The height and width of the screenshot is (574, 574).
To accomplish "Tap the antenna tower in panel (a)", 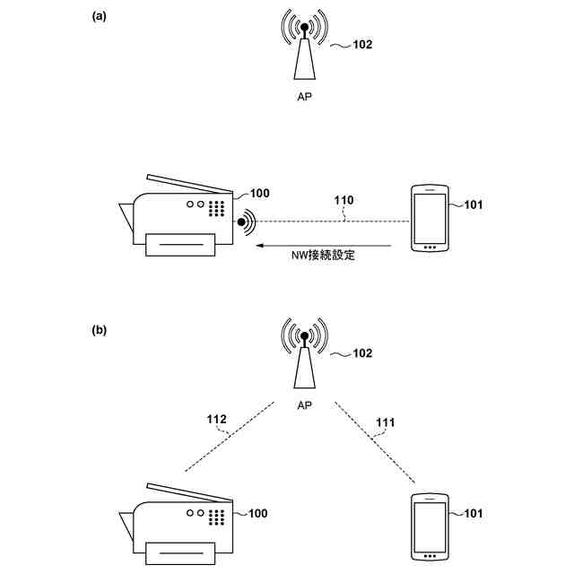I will [305, 51].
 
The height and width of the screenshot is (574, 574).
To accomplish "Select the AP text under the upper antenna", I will [305, 96].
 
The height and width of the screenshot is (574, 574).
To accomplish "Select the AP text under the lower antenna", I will [305, 405].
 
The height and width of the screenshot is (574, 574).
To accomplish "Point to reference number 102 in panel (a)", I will [361, 44].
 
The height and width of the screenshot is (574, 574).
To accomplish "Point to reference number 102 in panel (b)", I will [361, 353].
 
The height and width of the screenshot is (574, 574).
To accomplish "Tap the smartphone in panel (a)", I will [428, 219].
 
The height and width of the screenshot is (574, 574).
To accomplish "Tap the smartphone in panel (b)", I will [428, 529].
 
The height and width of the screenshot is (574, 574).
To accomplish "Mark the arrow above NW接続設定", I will [324, 244].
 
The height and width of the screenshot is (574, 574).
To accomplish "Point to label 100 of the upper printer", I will [259, 193].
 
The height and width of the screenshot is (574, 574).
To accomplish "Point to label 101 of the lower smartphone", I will [474, 514].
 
